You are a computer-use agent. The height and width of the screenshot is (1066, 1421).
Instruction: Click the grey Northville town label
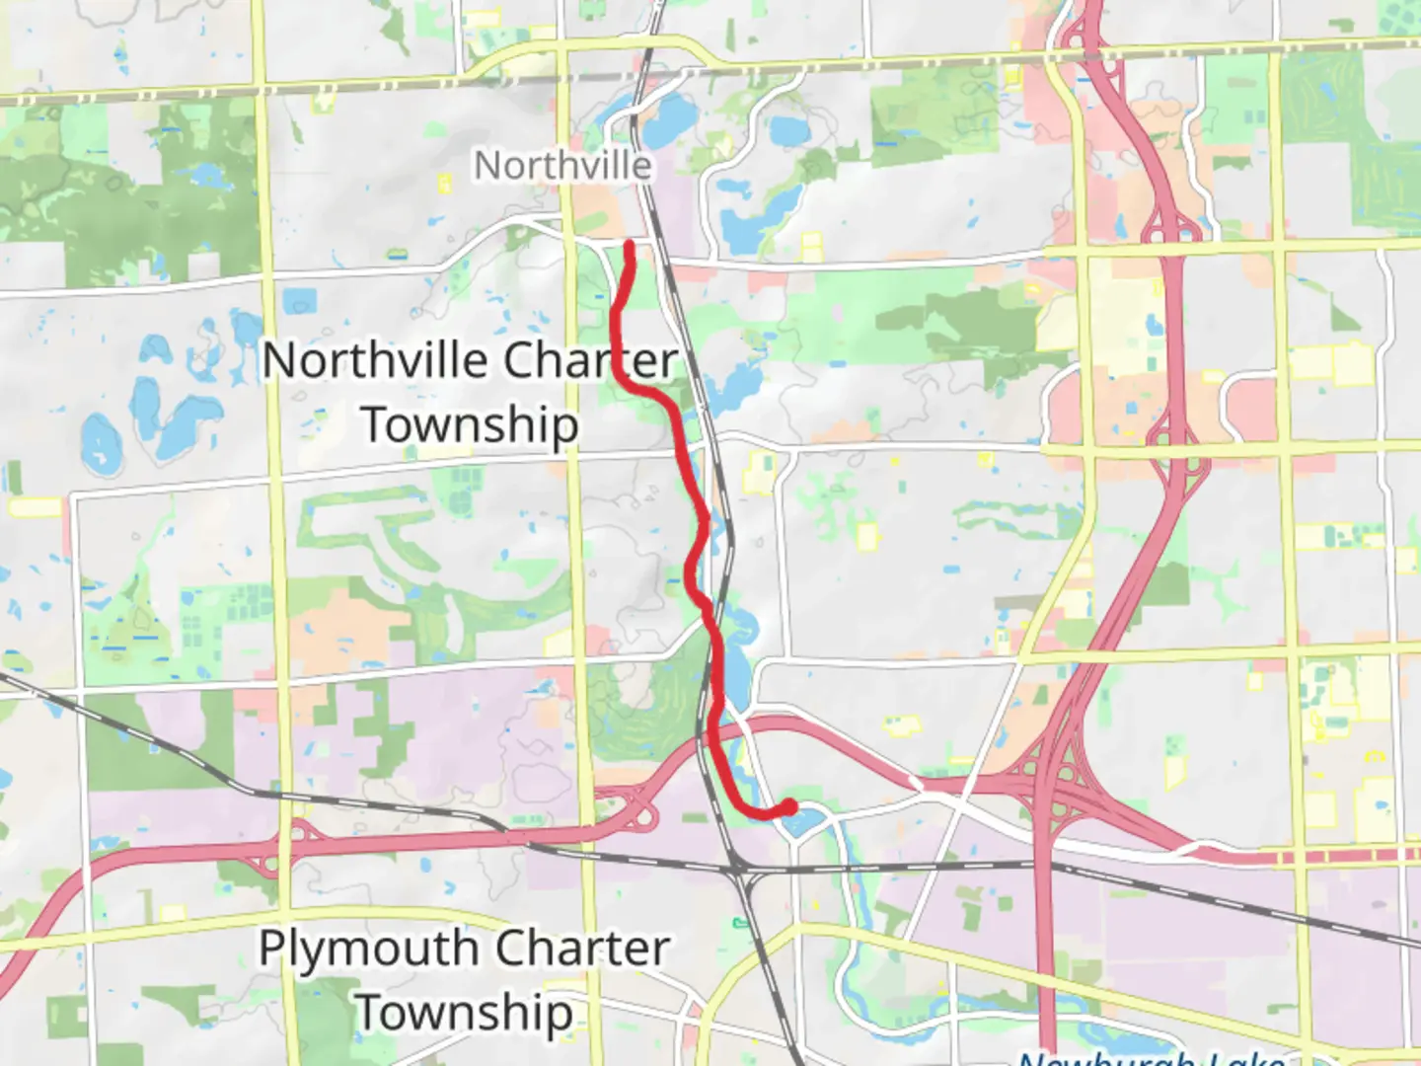coord(562,165)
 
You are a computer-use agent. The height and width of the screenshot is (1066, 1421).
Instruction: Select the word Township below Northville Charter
coord(470,424)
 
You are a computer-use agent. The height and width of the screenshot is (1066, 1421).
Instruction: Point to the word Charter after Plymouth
coord(581,949)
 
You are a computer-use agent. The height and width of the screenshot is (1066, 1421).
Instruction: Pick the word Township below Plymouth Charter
coord(464,1012)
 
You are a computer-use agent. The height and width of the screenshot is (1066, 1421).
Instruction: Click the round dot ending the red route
coord(789,807)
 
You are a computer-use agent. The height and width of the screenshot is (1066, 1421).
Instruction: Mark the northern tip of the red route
coord(630,245)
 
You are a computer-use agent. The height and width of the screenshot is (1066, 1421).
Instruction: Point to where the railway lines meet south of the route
coord(739,869)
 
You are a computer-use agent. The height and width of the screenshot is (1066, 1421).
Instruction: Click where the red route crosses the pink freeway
coord(712,736)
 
